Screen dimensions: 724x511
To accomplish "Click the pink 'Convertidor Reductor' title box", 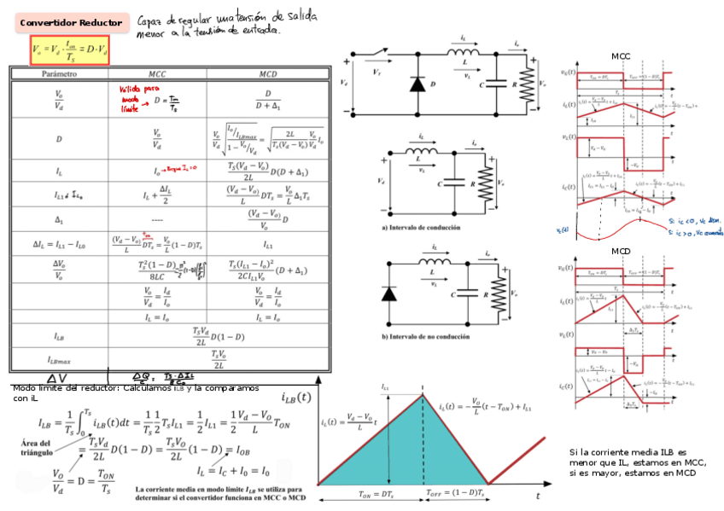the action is point(71,23).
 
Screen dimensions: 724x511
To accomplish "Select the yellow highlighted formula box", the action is point(70,50).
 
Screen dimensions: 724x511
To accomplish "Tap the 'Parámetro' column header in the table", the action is point(58,75).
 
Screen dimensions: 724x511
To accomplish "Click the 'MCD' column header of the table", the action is point(267,75).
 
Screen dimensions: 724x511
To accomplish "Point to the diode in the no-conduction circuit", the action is point(390,293).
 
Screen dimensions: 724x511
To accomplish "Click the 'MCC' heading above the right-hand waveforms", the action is point(621,56).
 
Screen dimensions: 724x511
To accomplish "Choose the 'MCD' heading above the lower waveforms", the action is point(621,252).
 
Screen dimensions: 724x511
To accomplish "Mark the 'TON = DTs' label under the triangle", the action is point(375,494).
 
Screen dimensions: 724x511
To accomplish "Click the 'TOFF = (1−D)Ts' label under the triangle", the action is point(456,494).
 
